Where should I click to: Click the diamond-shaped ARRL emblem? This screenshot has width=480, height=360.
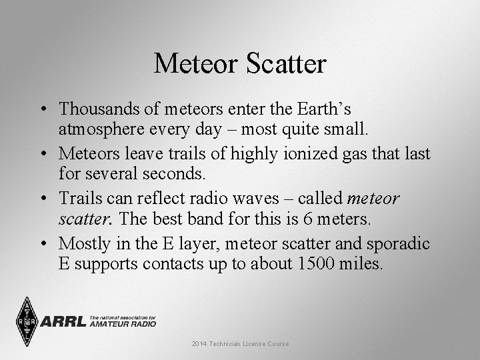click(x=25, y=321)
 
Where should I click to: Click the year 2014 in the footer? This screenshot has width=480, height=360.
click(x=199, y=343)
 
